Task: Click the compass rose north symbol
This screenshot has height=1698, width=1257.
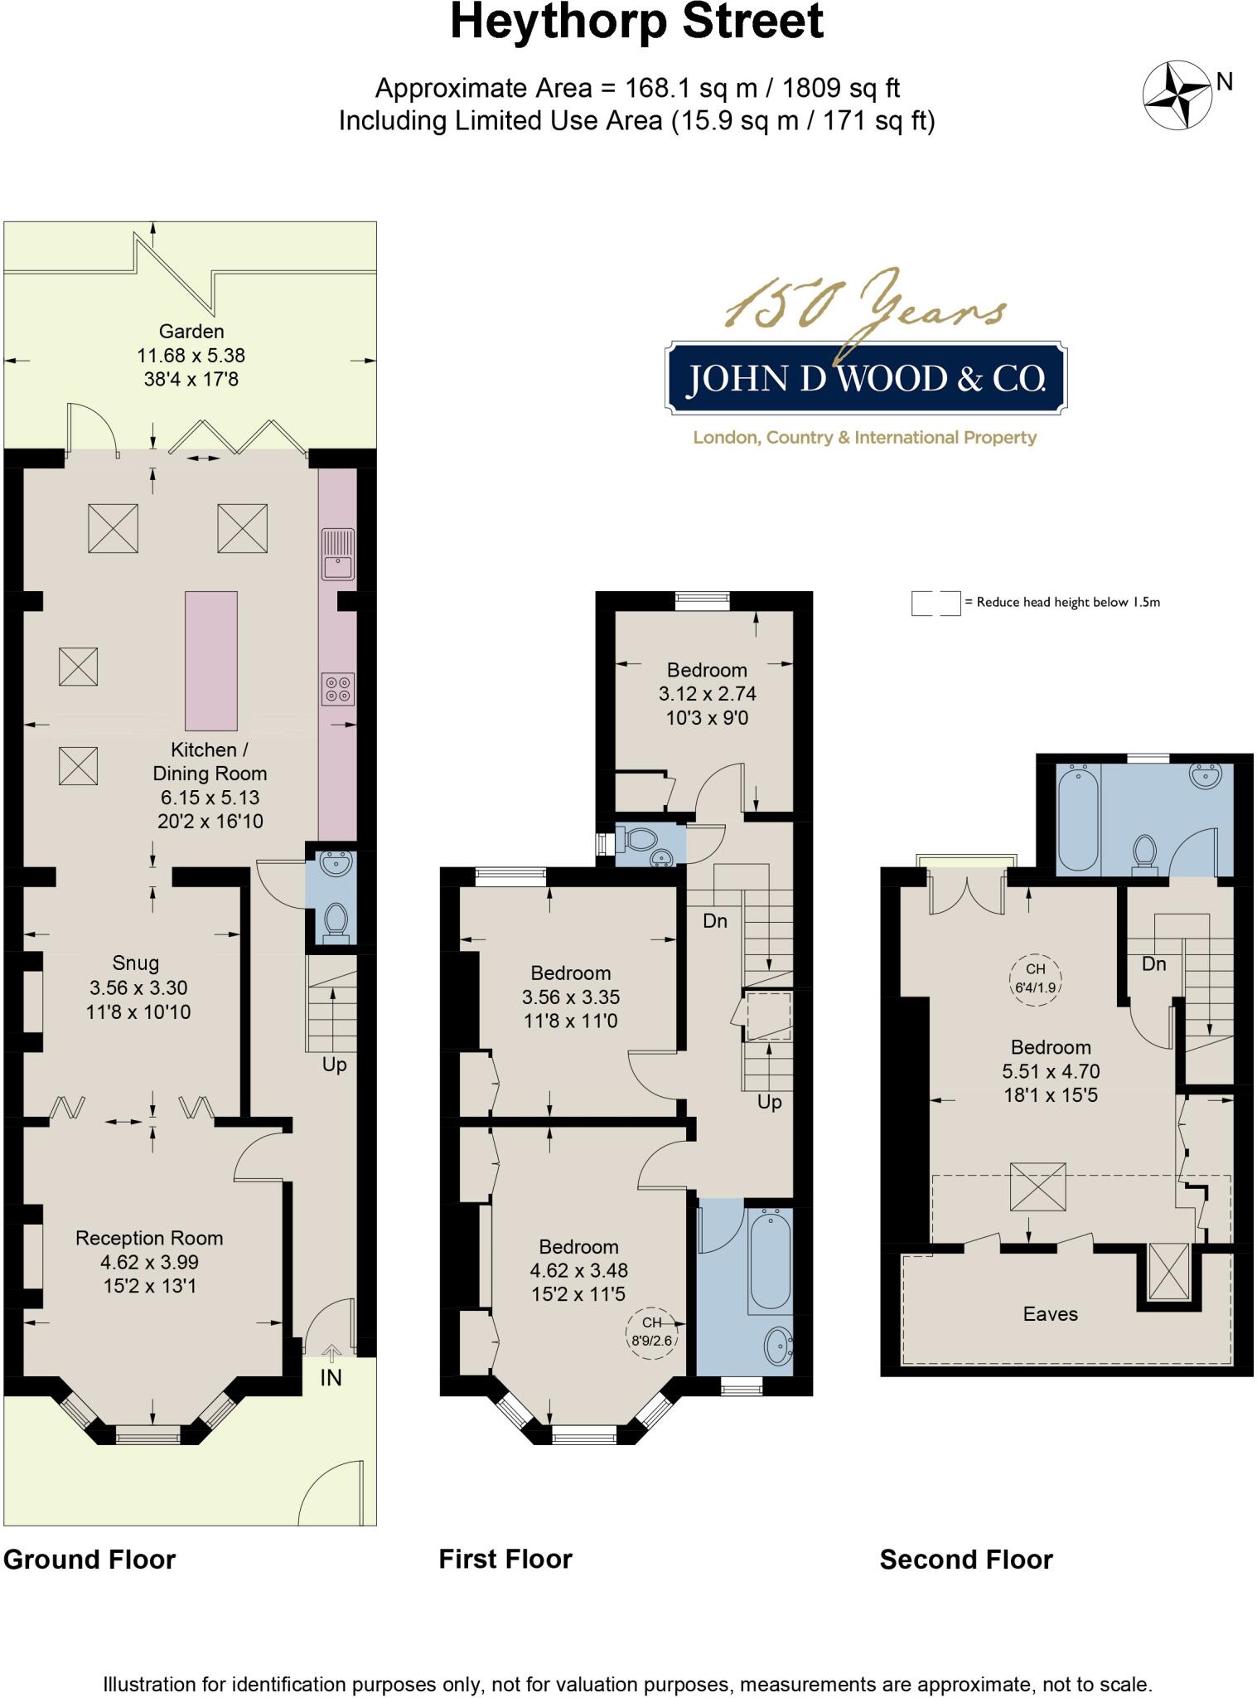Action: (x=1177, y=95)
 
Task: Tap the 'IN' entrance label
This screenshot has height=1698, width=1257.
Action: (x=331, y=1377)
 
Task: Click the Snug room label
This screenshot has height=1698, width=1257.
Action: (x=136, y=963)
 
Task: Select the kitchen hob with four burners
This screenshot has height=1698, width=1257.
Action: (x=338, y=689)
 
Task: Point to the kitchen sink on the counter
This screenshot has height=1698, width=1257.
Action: (x=338, y=555)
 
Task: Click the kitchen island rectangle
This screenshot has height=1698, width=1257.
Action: (x=211, y=660)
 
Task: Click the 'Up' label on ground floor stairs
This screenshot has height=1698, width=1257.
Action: (x=334, y=1065)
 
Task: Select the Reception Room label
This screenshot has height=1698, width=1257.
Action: (x=149, y=1238)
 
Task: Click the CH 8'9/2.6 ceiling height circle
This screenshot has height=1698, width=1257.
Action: (x=652, y=1332)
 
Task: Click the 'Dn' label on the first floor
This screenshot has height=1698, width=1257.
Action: (x=714, y=920)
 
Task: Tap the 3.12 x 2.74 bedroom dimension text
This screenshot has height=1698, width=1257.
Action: (x=707, y=694)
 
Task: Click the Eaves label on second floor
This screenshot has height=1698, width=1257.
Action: (x=1050, y=1314)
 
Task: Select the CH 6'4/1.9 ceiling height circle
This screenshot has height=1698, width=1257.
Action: (x=1036, y=979)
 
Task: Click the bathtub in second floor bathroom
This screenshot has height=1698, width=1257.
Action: (x=1078, y=817)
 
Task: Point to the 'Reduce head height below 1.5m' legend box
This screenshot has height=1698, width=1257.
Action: (x=935, y=603)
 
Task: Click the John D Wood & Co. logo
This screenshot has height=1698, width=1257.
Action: (x=866, y=379)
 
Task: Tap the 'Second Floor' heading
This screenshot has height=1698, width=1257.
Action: (x=966, y=1560)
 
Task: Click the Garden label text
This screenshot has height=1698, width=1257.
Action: (x=191, y=332)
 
